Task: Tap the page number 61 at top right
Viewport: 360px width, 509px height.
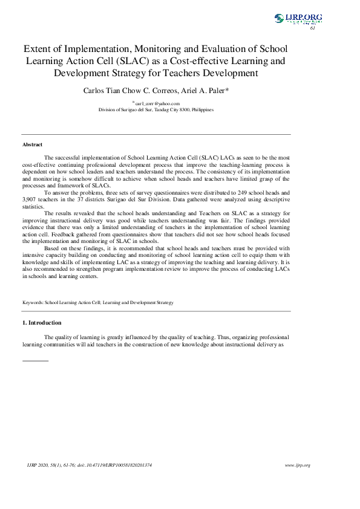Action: coord(313,28)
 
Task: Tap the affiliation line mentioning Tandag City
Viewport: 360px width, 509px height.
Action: coord(156,111)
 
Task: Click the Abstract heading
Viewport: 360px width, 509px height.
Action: coord(33,144)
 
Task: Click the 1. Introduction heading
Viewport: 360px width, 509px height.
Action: coord(42,323)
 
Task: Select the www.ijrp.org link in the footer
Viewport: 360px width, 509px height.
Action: coord(297,465)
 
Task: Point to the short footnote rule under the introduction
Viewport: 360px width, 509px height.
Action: coord(35,361)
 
